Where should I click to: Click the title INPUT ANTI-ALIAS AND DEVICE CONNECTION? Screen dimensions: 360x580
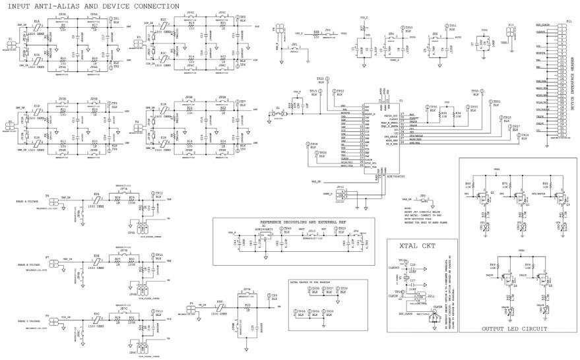tap(92, 5)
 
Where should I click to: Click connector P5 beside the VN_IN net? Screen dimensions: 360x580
tap(192, 305)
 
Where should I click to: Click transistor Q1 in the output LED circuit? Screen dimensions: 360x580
tap(486, 196)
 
